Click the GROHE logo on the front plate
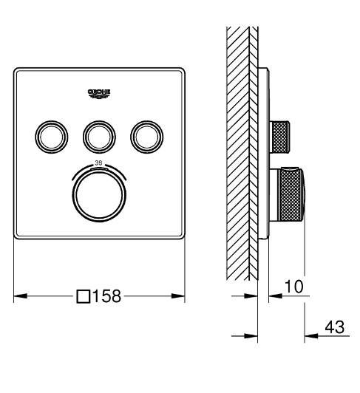pyautogui.click(x=98, y=91)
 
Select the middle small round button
pyautogui.click(x=98, y=134)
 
